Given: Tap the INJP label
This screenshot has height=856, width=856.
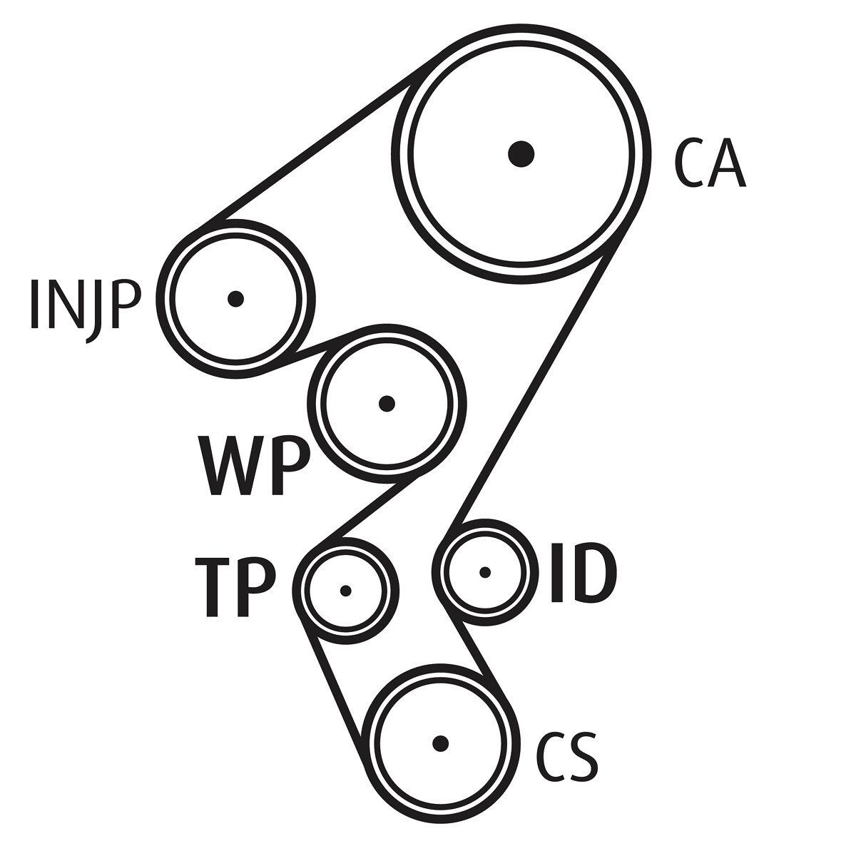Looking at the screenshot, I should [x=83, y=305].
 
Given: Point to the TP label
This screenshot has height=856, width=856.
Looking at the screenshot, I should [x=235, y=588].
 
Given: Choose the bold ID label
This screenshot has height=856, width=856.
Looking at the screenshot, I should [x=583, y=574].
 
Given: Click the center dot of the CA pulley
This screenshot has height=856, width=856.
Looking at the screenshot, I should [x=521, y=153].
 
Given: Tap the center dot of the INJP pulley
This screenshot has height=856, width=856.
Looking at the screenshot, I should [x=235, y=299].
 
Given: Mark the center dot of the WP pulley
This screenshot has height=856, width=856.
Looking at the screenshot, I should [x=387, y=404].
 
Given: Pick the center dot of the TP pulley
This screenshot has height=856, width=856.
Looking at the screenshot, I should [x=346, y=591].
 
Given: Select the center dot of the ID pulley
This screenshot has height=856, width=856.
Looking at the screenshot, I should [x=485, y=572].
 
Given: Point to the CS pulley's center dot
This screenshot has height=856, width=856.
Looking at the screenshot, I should [x=440, y=743].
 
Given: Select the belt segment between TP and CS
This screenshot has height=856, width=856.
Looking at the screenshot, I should [x=332, y=688].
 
